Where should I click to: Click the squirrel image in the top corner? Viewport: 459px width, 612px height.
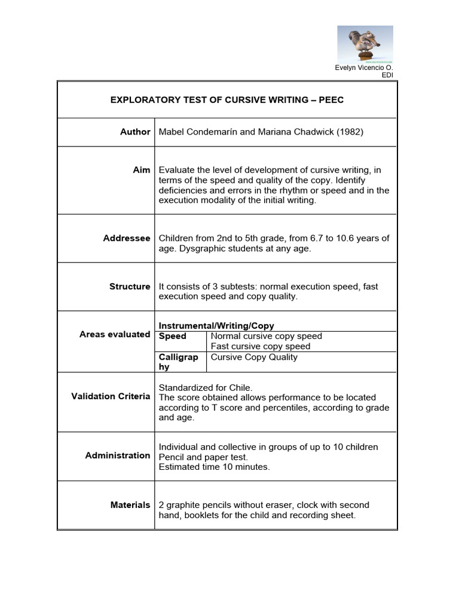pyautogui.click(x=365, y=44)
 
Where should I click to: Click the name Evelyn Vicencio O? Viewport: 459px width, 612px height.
pyautogui.click(x=363, y=68)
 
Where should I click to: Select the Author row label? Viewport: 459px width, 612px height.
pyautogui.click(x=135, y=131)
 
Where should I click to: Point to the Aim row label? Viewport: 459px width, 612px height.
pyautogui.click(x=142, y=170)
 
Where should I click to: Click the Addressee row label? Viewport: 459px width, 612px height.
pyautogui.click(x=127, y=238)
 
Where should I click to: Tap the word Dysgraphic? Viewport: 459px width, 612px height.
pyautogui.click(x=201, y=249)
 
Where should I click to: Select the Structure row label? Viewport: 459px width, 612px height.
pyautogui.click(x=130, y=286)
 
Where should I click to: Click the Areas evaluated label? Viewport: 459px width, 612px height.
pyautogui.click(x=115, y=334)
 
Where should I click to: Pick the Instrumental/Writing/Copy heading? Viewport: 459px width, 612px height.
pyautogui.click(x=216, y=326)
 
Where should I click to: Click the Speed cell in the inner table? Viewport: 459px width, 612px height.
pyautogui.click(x=172, y=336)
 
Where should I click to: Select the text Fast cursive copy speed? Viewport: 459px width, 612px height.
pyautogui.click(x=261, y=346)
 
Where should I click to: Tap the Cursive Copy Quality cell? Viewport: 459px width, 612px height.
pyautogui.click(x=254, y=357)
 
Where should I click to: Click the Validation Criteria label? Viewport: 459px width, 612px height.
pyautogui.click(x=111, y=396)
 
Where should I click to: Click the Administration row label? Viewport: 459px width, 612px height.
pyautogui.click(x=118, y=455)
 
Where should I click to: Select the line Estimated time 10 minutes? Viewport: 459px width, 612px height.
pyautogui.click(x=214, y=467)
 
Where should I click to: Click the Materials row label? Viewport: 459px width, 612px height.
pyautogui.click(x=130, y=505)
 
